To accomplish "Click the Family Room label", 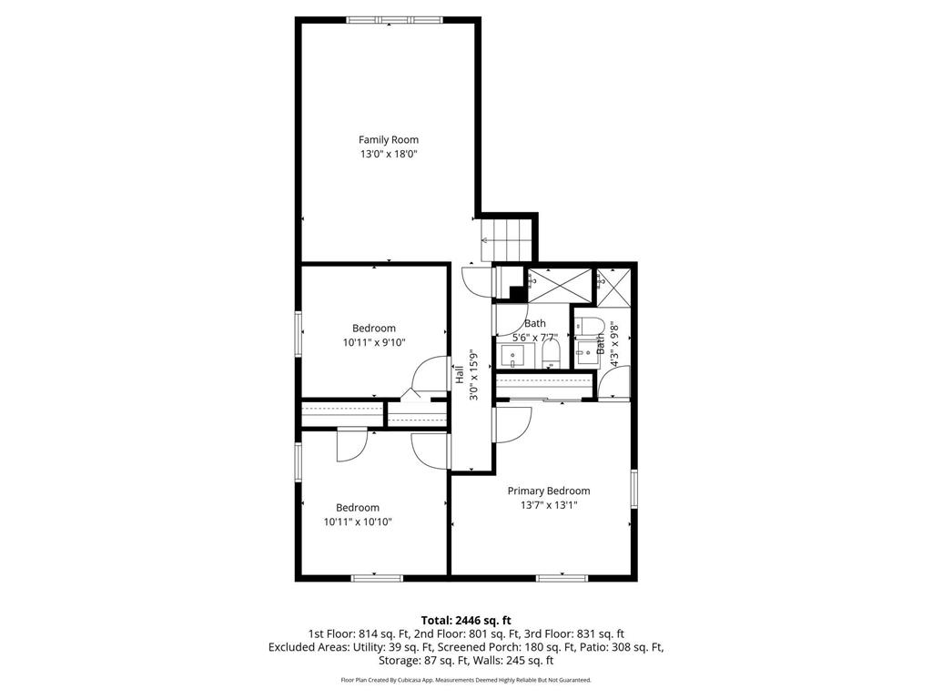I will pos(389,139).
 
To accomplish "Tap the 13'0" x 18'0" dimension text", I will pos(389,154).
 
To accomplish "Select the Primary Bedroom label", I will pos(549,491).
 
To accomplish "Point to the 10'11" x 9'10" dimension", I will pos(374,343).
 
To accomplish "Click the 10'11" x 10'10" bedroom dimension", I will pos(358,522).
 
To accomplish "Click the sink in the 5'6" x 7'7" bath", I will pos(512,355).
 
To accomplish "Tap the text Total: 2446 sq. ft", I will pos(466,620).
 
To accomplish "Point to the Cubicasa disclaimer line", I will pos(466,680).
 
